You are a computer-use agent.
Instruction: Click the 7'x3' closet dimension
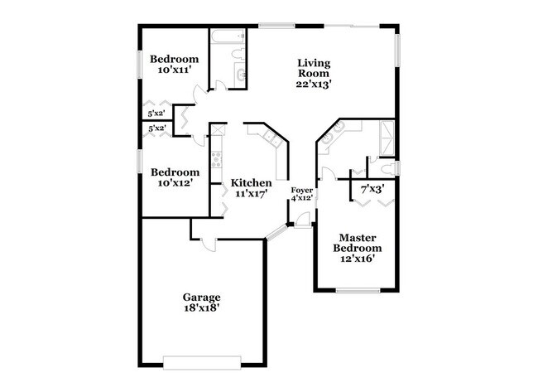click(372, 190)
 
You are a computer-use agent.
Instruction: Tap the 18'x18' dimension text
click(201, 308)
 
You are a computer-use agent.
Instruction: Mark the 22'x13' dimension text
click(314, 83)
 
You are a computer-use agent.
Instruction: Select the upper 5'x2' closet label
click(156, 114)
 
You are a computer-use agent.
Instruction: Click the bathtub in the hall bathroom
click(225, 38)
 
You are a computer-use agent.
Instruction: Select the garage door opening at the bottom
click(202, 361)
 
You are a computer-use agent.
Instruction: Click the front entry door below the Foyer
click(303, 220)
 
